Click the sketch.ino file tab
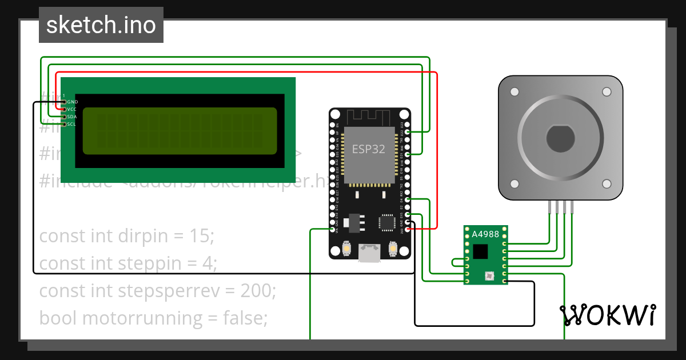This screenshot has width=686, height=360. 101,25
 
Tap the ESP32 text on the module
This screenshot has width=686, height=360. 368,150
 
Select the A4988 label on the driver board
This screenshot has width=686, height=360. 485,234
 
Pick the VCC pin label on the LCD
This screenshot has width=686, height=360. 72,109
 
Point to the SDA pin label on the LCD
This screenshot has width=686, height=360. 72,117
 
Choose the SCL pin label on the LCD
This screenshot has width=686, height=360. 72,124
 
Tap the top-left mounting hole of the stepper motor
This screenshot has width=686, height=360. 514,92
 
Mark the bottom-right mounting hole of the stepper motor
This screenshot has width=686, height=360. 606,183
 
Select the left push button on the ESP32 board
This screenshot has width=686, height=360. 346,249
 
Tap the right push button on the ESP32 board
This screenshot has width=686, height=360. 393,249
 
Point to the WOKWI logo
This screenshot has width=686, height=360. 607,315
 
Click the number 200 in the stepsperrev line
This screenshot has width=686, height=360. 256,291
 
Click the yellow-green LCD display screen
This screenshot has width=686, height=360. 180,131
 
